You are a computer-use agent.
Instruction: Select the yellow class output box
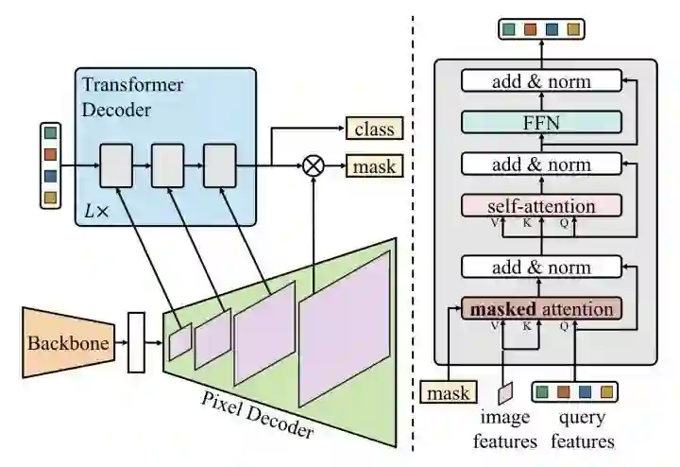(x=372, y=128)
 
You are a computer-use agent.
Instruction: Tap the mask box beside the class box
(x=372, y=166)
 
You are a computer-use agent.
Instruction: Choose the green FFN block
(x=541, y=122)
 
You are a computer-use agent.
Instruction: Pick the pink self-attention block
(x=541, y=206)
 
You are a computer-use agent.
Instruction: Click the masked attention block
(x=541, y=309)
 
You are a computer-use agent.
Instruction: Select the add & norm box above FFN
(x=541, y=81)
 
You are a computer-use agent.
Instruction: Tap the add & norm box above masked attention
(x=541, y=268)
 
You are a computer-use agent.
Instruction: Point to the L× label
(x=97, y=212)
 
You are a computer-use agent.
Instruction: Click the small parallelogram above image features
(x=505, y=391)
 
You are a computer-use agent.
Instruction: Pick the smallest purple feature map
(x=179, y=340)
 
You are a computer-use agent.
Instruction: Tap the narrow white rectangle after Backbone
(x=136, y=341)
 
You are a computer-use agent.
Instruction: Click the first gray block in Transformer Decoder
(x=116, y=165)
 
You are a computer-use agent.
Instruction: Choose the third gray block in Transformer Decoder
(x=220, y=165)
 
